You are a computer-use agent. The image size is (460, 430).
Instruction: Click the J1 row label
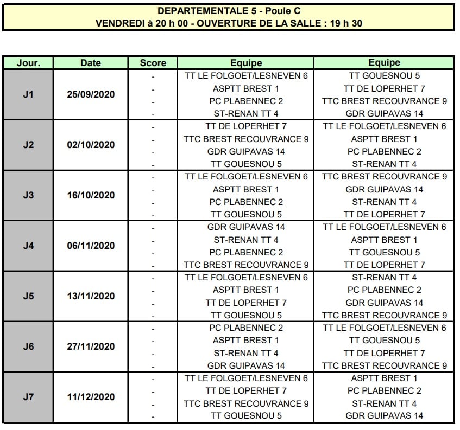28,94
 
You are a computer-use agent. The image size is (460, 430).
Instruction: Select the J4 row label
28,246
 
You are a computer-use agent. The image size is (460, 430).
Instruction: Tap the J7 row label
28,397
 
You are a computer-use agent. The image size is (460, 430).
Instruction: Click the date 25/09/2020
91,94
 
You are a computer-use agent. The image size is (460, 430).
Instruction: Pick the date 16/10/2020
91,195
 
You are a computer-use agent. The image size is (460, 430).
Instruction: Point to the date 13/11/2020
91,296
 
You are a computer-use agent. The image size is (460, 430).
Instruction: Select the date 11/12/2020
91,397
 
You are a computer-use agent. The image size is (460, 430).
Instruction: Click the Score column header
153,63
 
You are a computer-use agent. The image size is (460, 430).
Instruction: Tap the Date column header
91,63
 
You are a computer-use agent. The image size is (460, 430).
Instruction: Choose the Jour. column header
28,63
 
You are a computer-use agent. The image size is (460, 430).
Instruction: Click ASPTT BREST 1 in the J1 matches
246,88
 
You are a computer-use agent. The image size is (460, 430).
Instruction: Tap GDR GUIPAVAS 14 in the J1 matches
384,113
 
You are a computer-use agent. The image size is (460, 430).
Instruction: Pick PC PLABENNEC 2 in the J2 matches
384,151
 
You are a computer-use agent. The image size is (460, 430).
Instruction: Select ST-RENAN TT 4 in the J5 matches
384,277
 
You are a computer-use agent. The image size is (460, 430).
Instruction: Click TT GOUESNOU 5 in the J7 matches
246,416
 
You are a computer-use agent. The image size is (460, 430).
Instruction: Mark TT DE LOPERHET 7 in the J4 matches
384,265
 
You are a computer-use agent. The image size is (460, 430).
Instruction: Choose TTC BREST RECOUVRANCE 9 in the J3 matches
384,176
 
